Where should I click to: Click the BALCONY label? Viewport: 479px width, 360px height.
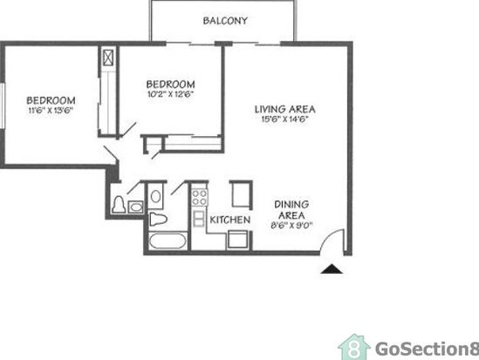point(225,21)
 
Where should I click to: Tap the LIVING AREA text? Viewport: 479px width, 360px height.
point(285,109)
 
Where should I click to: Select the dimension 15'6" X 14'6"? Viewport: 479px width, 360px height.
point(284,119)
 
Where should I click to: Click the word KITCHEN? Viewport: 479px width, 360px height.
point(230,220)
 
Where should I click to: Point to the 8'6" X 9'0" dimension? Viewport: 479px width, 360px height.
point(291,226)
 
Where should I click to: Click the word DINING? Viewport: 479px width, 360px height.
point(291,204)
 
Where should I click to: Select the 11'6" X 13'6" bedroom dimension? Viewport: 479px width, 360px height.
point(51,110)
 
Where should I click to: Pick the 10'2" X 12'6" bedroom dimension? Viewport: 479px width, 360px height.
point(170,94)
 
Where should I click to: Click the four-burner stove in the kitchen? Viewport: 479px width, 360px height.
point(200,197)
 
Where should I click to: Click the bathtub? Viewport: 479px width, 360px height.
point(168,241)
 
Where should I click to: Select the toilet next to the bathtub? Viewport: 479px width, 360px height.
point(158,219)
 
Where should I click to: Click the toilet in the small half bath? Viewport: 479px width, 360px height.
point(119,204)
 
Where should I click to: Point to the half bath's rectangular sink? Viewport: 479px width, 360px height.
point(136,207)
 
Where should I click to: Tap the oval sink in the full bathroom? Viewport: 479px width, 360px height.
point(155,196)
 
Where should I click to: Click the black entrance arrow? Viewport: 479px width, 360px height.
point(332,269)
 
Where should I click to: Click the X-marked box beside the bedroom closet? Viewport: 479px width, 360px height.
point(108,58)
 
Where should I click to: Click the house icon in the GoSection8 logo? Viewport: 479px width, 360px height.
point(354,347)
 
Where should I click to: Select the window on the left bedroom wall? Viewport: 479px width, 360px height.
point(3,105)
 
